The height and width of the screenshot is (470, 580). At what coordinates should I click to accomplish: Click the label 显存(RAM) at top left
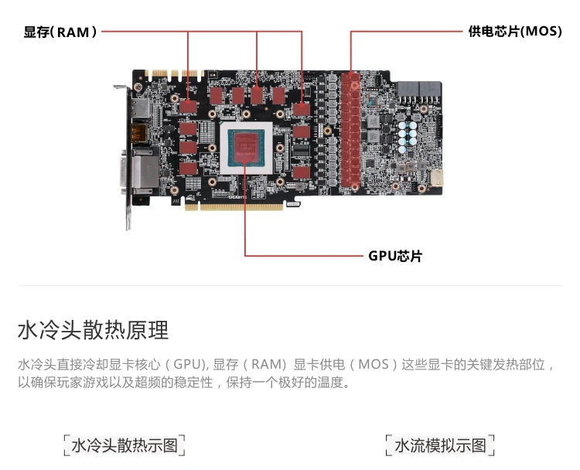click(x=61, y=32)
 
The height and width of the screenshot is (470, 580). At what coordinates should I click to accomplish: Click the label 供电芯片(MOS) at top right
click(x=514, y=32)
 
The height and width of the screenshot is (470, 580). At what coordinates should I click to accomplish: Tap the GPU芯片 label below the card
click(x=394, y=256)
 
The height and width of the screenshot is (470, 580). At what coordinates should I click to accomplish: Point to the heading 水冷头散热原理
click(x=93, y=331)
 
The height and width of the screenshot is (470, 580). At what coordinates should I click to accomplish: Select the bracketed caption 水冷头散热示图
click(x=125, y=446)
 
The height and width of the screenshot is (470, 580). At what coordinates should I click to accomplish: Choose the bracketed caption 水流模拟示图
click(x=440, y=446)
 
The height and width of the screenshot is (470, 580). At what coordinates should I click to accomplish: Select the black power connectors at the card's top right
click(x=418, y=89)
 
